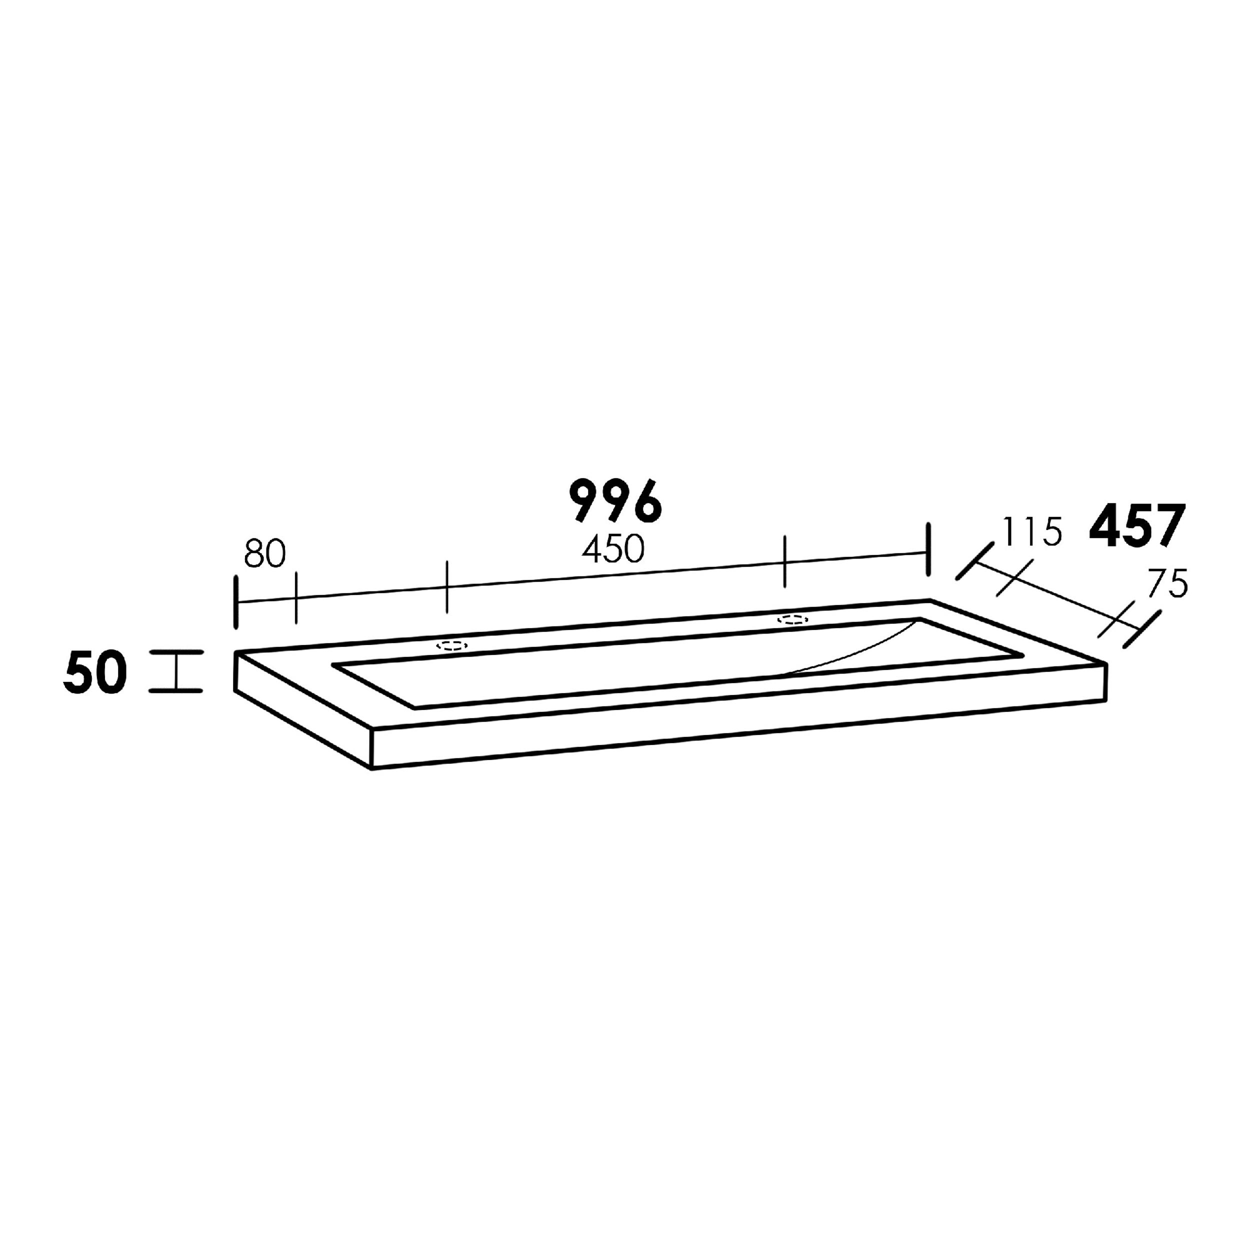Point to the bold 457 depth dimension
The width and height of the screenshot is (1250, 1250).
(x=1137, y=525)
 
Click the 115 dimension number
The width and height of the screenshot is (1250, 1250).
(x=1031, y=532)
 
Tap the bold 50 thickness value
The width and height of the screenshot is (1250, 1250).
(x=94, y=673)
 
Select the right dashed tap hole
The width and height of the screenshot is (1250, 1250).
(x=792, y=619)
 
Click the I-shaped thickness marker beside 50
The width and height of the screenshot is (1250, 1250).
(x=175, y=671)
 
